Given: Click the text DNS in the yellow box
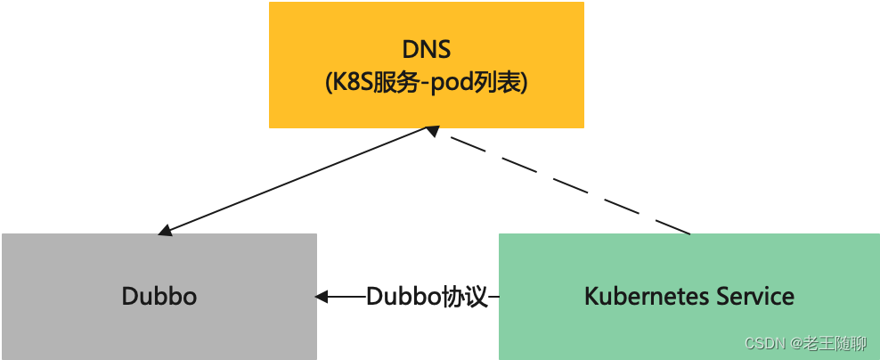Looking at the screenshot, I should [x=427, y=50].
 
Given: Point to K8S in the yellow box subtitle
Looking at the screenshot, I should [x=354, y=83].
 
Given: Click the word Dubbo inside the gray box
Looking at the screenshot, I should [x=159, y=296].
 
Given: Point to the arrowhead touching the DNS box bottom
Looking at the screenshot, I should [x=432, y=131].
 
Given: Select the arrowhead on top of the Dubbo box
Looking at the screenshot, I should [x=166, y=230].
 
